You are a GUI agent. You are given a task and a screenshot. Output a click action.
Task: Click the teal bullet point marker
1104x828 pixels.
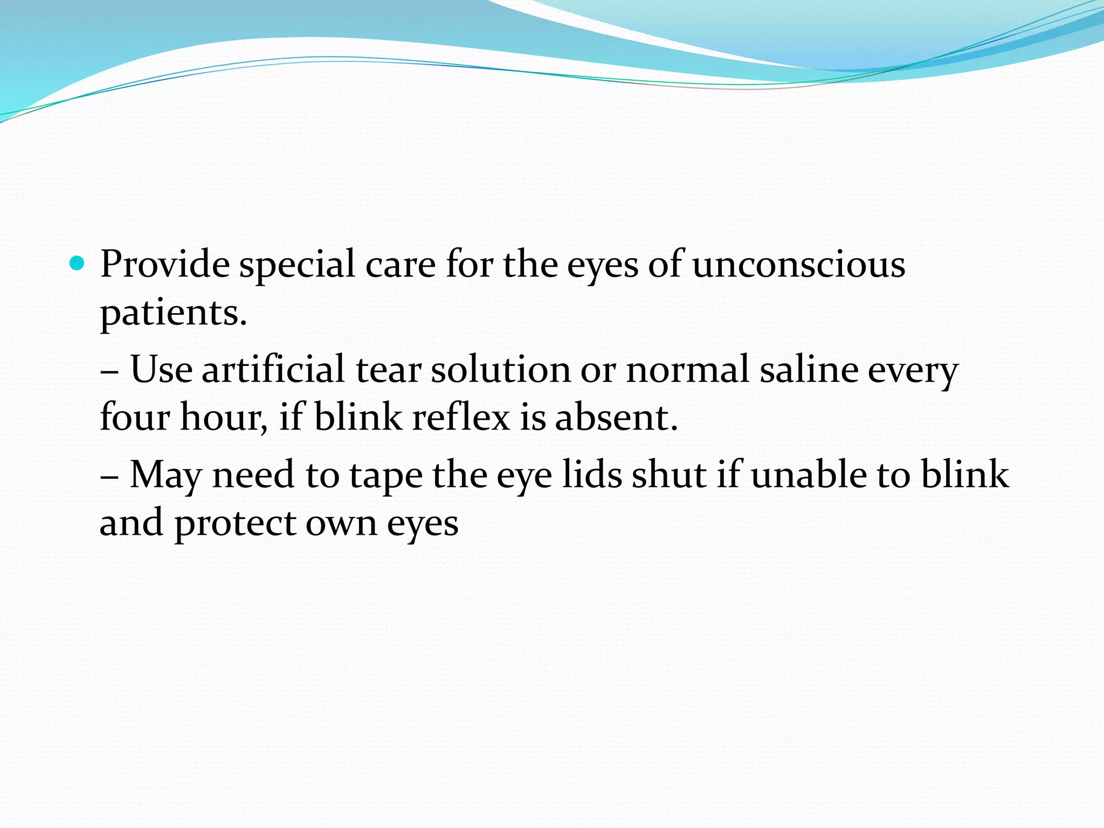78,264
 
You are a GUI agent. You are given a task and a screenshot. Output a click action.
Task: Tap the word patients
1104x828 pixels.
173,313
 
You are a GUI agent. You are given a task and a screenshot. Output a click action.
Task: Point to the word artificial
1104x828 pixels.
273,369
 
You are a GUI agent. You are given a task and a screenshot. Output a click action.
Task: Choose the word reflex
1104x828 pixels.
460,417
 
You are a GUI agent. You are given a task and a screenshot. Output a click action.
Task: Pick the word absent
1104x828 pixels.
616,417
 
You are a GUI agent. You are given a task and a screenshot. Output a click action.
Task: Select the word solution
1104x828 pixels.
500,369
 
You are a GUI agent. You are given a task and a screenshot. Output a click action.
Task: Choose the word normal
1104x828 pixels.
687,369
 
